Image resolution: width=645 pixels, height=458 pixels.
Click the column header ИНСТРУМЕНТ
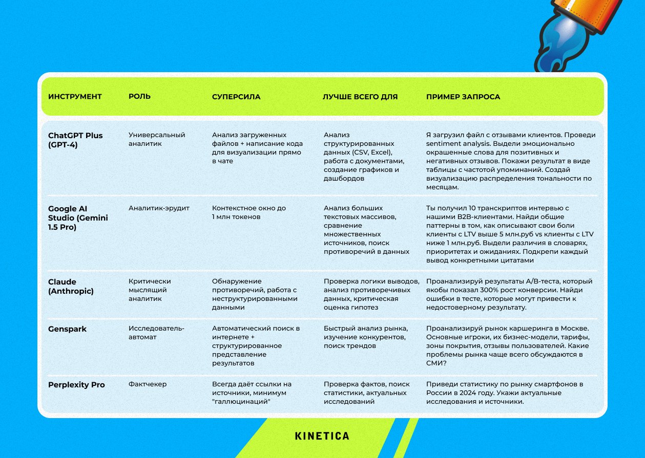pos(75,97)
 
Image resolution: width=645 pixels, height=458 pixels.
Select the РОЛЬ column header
pos(139,97)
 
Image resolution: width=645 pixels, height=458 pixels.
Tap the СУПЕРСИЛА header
pos(236,97)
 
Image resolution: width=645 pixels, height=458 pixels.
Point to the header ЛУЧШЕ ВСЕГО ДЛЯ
pos(360,97)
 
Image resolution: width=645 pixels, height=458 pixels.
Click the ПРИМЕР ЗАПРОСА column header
pos(463,97)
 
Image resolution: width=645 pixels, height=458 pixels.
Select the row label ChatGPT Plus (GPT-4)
pos(75,140)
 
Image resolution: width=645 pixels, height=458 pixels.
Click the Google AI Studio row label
pos(78,217)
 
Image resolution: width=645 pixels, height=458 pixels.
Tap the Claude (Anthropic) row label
pos(71,286)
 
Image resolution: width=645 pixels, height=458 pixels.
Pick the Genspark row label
pos(67,329)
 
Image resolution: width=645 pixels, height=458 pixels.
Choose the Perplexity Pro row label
pos(76,385)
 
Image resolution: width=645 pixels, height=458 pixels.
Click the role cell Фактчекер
pos(148,384)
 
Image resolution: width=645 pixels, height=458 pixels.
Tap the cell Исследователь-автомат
pos(156,333)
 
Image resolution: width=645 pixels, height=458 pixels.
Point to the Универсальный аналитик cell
pos(156,139)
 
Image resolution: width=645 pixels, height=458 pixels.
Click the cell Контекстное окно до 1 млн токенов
pos(249,212)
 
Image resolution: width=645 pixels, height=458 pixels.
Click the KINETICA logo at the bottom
pos(322,436)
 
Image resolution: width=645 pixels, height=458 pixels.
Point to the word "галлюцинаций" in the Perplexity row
pos(241,402)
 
